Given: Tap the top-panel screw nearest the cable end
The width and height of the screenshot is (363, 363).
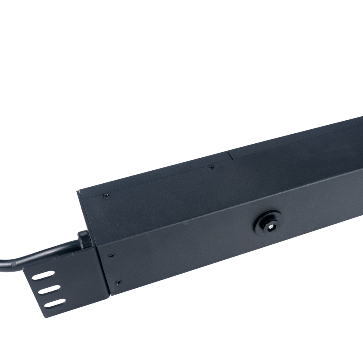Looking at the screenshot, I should [x=105, y=196].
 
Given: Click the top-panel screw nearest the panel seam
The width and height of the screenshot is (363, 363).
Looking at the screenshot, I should [x=211, y=166].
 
